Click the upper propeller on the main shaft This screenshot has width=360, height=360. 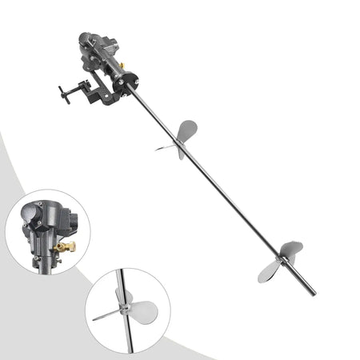coord(181,138)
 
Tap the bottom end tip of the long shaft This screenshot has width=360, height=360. coord(312,292)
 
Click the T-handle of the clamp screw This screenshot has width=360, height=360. coord(63,94)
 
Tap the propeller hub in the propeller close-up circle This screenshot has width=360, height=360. coord(122,306)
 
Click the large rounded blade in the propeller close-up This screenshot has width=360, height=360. coord(142,312)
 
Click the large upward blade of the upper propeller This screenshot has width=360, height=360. coord(187,129)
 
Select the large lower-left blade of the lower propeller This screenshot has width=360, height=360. coord(269,272)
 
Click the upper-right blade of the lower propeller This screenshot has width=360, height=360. coord(292,250)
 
